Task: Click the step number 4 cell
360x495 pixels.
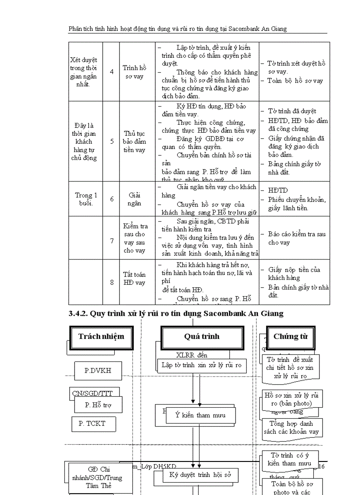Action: coord(112,72)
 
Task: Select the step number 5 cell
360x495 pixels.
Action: coord(112,141)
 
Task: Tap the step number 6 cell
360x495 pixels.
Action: coord(112,199)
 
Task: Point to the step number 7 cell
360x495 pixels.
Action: coord(112,241)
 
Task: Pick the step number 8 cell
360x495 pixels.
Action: coord(112,283)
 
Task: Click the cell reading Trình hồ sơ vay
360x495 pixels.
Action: coord(134,72)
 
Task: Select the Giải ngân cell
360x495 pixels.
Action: coord(134,199)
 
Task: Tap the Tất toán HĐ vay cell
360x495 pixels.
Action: coord(134,279)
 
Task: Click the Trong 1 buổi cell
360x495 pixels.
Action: coord(86,199)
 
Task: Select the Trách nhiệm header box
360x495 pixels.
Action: coord(101,337)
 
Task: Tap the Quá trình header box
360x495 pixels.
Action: coord(202,337)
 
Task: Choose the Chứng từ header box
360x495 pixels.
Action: coord(290,337)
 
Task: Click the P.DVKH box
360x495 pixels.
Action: coord(97,371)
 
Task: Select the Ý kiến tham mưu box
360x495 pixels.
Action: coord(200,415)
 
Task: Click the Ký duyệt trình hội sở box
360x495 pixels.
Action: coord(200,475)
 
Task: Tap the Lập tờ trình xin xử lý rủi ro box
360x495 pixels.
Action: coord(201,365)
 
